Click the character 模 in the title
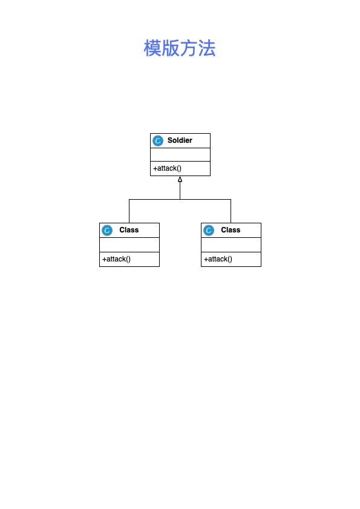pyautogui.click(x=152, y=48)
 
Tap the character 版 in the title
pyautogui.click(x=171, y=48)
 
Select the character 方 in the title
pyautogui.click(x=189, y=48)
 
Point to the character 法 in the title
pyautogui.click(x=207, y=48)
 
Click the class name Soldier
pyautogui.click(x=180, y=140)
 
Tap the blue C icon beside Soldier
pyautogui.click(x=158, y=140)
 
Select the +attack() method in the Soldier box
pyautogui.click(x=167, y=168)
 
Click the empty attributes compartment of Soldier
pyautogui.click(x=180, y=154)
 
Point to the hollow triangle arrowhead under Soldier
pyautogui.click(x=180, y=179)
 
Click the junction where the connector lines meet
pyautogui.click(x=180, y=199)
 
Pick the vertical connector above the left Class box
pyautogui.click(x=129, y=211)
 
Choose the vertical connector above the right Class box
pyautogui.click(x=231, y=211)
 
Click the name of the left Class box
pyautogui.click(x=129, y=230)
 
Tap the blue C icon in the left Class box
pyautogui.click(x=107, y=230)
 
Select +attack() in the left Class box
pyautogui.click(x=116, y=259)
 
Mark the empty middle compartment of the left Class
pyautogui.click(x=129, y=245)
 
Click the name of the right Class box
pyautogui.click(x=231, y=230)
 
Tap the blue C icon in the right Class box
pyautogui.click(x=209, y=230)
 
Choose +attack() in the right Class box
pyautogui.click(x=218, y=259)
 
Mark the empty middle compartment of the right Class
pyautogui.click(x=231, y=245)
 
